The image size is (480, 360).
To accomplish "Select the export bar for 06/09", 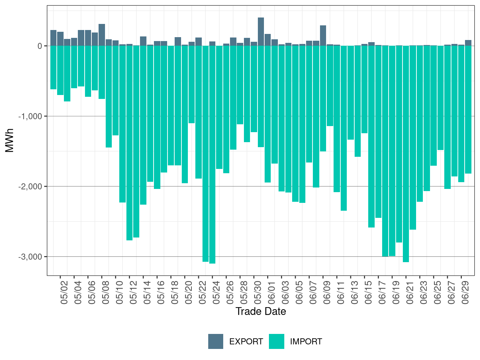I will click(323, 36).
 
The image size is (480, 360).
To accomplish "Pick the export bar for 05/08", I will click(102, 35).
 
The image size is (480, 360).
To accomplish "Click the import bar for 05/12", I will click(129, 143).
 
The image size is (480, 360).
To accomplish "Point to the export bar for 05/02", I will click(60, 39).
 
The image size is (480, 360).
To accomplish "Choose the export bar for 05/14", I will click(143, 41).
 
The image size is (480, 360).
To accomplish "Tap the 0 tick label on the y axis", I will click(40, 46).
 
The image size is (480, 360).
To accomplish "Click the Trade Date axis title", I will click(261, 311).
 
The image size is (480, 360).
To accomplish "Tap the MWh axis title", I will click(10, 140).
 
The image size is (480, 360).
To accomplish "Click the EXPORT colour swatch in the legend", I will click(216, 341).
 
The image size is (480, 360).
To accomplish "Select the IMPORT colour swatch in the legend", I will click(277, 341).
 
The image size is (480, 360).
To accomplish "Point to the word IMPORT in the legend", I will click(306, 342).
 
